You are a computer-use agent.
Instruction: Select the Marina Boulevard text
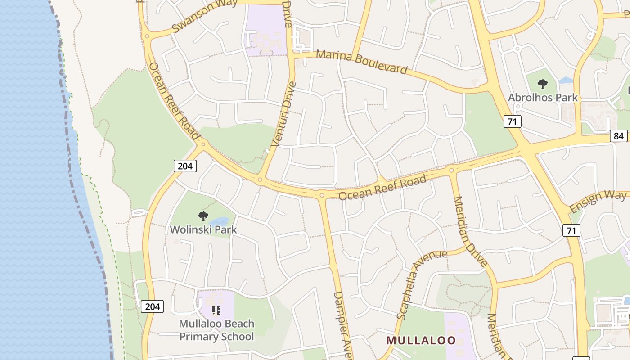pyautogui.click(x=361, y=62)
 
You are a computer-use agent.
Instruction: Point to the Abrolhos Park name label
pyautogui.click(x=543, y=97)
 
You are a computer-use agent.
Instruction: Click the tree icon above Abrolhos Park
pyautogui.click(x=543, y=84)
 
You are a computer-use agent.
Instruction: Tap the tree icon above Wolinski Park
pyautogui.click(x=203, y=216)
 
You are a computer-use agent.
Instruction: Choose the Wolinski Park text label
pyautogui.click(x=203, y=229)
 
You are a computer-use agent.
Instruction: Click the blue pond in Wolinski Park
pyautogui.click(x=219, y=221)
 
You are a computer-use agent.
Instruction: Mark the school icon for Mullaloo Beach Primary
pyautogui.click(x=216, y=310)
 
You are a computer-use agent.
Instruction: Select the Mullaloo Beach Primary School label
pyautogui.click(x=216, y=330)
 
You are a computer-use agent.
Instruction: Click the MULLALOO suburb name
pyautogui.click(x=421, y=340)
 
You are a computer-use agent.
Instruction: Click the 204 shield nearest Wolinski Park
pyautogui.click(x=185, y=166)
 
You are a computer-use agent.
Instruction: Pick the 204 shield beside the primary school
pyautogui.click(x=153, y=307)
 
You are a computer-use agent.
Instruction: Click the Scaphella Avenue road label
pyautogui.click(x=422, y=284)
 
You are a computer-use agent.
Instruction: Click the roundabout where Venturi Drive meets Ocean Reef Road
pyautogui.click(x=260, y=180)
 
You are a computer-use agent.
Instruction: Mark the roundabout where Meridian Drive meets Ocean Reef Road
pyautogui.click(x=451, y=170)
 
